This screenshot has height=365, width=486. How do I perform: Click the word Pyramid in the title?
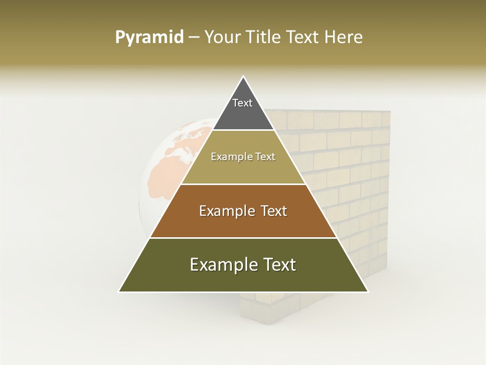pos(149,37)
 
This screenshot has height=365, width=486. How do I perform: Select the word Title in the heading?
pos(264,37)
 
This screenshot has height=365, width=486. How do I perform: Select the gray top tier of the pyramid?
pos(243,114)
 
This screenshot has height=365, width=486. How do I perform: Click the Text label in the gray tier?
pos(242,103)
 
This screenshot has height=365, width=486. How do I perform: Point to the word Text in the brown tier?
pos(274,211)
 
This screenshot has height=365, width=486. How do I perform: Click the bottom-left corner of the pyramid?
pos(119,291)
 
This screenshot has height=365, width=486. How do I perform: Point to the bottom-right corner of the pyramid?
pos(368,291)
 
